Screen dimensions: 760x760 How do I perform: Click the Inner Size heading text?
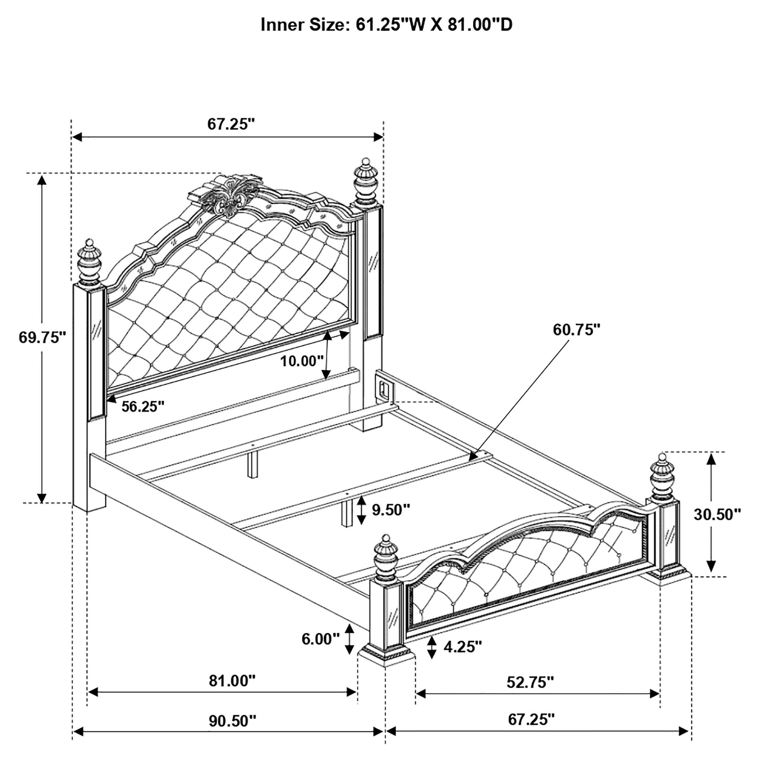(386, 25)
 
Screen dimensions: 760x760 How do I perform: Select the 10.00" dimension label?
(301, 361)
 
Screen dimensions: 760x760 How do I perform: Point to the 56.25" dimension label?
(142, 406)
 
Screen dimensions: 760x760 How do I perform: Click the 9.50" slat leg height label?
(391, 510)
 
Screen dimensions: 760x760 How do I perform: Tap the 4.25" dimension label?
(462, 647)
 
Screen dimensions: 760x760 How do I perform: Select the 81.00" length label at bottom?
(232, 681)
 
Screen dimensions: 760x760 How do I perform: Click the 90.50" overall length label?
(232, 721)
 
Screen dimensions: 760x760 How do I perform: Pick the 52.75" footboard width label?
(530, 682)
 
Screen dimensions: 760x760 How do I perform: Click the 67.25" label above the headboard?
(231, 124)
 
